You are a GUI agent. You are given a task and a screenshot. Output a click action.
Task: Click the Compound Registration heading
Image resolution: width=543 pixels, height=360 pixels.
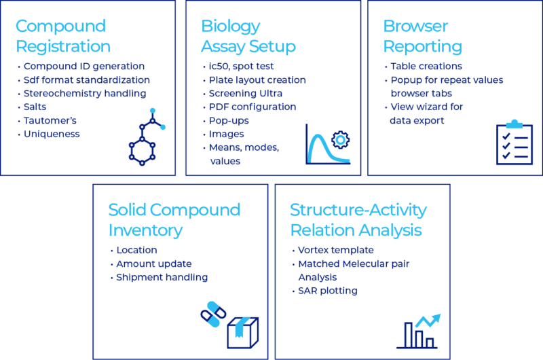[x=63, y=36]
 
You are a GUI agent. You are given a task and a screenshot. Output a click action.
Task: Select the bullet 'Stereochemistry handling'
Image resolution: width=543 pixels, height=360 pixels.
[x=85, y=94]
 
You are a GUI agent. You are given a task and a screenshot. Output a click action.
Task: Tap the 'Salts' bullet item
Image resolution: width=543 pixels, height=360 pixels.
[x=35, y=107]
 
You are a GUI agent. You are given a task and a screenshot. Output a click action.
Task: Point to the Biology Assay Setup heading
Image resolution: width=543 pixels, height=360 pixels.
[x=248, y=36]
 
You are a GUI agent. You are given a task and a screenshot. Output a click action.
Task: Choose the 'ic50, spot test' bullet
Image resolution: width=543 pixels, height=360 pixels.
[x=241, y=66]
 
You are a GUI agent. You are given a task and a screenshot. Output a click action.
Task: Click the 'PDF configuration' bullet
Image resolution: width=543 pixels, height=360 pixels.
[x=252, y=107]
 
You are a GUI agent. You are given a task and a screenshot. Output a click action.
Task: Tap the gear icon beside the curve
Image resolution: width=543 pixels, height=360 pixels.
[x=341, y=140]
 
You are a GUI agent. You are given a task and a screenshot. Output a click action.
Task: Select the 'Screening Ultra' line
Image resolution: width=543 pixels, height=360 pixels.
[x=246, y=94]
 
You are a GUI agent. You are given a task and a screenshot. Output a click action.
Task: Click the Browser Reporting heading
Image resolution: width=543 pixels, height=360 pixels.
[x=422, y=36]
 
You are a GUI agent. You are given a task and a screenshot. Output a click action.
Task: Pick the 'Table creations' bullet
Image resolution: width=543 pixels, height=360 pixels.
[x=426, y=66]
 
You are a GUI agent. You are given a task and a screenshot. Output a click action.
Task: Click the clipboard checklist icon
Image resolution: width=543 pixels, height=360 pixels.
[x=514, y=142]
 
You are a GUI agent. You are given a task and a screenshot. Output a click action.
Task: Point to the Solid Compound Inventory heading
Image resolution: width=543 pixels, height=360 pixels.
[x=174, y=220]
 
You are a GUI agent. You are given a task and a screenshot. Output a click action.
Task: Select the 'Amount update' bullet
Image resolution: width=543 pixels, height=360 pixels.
[x=154, y=264]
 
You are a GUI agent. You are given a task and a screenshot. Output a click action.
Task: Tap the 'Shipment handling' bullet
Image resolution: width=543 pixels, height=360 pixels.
[x=162, y=277]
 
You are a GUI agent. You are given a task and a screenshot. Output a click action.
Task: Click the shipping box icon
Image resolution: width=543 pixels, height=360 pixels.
[x=243, y=333]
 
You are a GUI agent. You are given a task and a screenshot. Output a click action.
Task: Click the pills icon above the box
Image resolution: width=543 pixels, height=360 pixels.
[x=213, y=314]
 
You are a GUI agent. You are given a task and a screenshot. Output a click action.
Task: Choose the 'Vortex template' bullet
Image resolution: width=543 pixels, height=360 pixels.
[x=335, y=250]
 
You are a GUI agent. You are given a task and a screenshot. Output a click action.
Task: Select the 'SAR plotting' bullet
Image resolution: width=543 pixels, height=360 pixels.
[x=328, y=291]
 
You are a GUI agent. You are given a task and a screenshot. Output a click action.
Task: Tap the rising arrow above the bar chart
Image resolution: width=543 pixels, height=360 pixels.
[x=428, y=321]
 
